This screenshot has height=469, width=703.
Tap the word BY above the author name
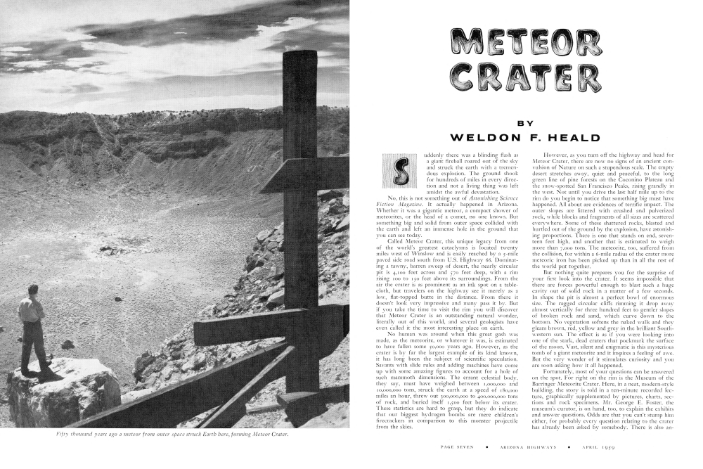(525, 123)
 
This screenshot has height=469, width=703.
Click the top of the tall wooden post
(300, 56)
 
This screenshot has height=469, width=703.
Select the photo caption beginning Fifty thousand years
(172, 433)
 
